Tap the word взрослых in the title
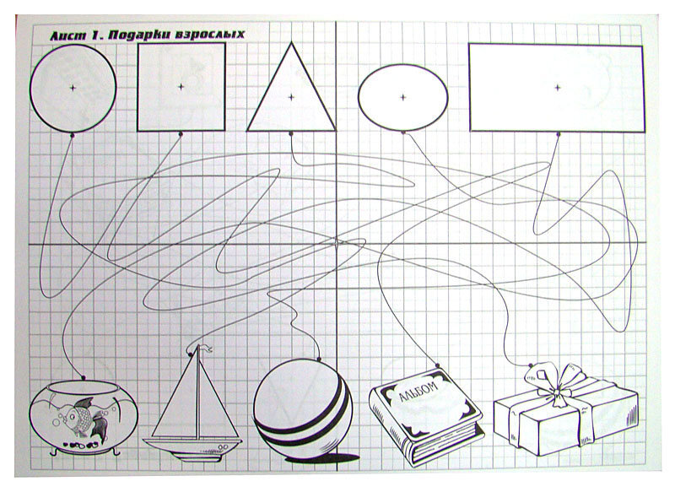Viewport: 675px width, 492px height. click(210, 35)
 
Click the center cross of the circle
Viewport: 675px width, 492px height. click(73, 88)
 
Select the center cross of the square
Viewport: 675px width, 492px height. click(181, 87)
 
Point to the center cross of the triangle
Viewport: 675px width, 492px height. click(291, 97)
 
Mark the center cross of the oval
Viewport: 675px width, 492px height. click(403, 97)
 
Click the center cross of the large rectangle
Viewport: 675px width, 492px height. click(558, 88)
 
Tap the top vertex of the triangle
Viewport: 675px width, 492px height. click(291, 42)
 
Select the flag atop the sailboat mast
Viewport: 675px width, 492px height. click(205, 349)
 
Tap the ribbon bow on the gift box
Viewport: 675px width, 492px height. click(554, 383)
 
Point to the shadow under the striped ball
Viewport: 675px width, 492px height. click(323, 458)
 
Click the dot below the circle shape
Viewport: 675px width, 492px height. click(73, 135)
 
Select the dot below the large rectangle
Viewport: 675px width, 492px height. click(559, 134)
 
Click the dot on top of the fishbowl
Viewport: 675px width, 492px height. click(83, 378)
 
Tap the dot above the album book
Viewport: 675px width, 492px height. click(437, 365)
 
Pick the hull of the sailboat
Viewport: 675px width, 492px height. click(192, 447)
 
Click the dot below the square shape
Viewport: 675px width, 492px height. click(181, 134)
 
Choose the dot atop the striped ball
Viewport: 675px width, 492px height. click(319, 359)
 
